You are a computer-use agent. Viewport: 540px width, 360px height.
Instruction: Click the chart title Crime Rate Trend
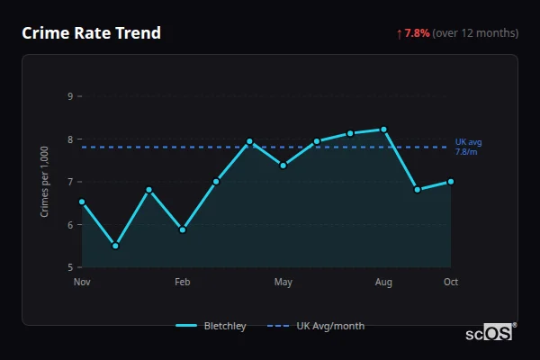click(x=91, y=33)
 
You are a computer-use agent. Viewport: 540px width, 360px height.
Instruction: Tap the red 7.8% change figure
click(x=417, y=33)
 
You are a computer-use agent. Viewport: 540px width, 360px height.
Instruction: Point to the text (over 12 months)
click(x=475, y=33)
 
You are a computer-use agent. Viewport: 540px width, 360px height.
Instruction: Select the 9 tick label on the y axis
click(x=70, y=96)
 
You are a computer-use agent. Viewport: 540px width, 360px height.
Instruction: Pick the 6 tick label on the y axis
click(x=70, y=225)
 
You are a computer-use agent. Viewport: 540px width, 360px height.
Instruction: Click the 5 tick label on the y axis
click(x=70, y=267)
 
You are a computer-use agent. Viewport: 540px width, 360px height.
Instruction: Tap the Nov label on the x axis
click(x=82, y=283)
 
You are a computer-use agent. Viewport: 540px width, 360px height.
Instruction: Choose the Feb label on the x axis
click(x=183, y=283)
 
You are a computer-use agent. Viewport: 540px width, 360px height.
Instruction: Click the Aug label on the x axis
click(x=384, y=283)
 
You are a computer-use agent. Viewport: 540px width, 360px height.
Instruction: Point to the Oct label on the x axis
click(x=451, y=283)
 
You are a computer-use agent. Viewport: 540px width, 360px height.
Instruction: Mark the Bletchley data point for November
click(x=82, y=202)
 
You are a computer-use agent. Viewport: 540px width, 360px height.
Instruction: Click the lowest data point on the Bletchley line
click(x=115, y=246)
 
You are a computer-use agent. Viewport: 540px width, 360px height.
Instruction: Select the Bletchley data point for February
click(x=183, y=229)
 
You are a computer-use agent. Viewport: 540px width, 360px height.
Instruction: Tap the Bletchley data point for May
click(x=283, y=166)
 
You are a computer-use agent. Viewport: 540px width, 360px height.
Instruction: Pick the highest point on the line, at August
click(x=384, y=130)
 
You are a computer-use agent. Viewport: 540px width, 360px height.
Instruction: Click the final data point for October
click(x=451, y=181)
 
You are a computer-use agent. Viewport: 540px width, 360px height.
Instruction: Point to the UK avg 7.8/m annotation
click(x=469, y=147)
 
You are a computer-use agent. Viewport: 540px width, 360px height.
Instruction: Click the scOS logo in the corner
click(x=490, y=333)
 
